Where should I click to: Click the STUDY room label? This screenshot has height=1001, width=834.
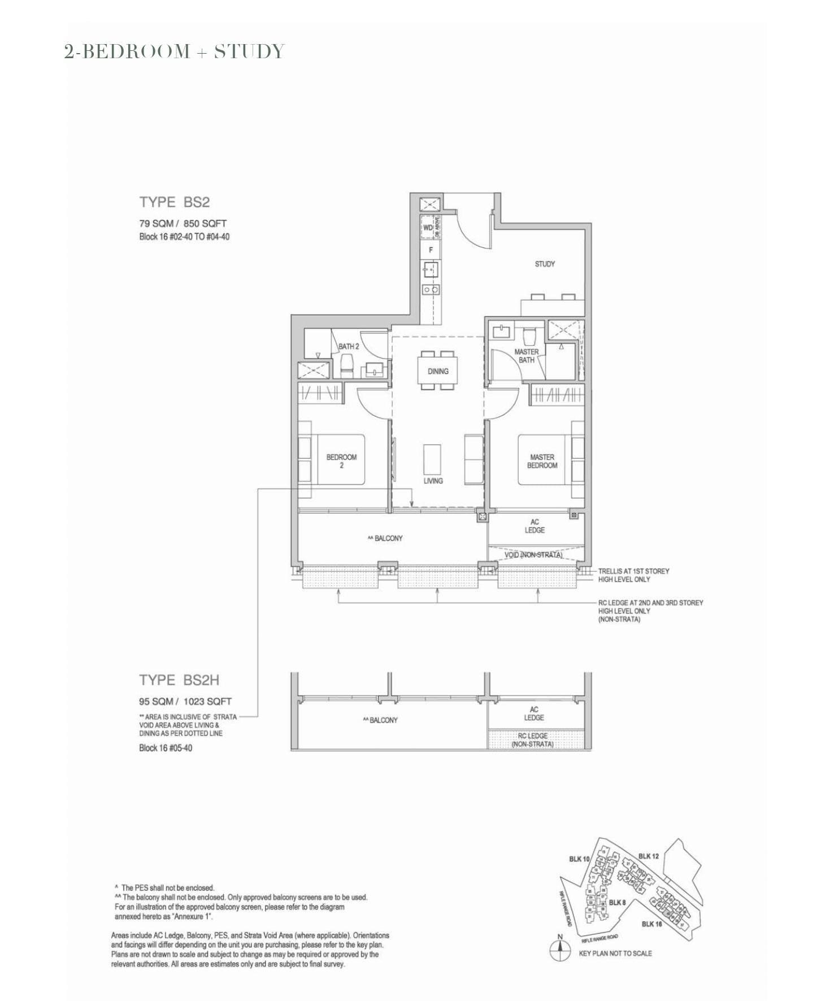click(545, 264)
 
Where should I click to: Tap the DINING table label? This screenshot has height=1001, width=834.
click(438, 371)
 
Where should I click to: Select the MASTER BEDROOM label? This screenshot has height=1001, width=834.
click(542, 461)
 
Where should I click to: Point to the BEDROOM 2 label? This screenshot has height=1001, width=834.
click(341, 461)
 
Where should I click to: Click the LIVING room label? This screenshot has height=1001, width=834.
click(433, 481)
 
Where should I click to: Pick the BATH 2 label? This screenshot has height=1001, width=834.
click(348, 346)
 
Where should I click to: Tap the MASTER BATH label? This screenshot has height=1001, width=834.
click(526, 355)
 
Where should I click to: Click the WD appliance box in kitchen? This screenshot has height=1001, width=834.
click(428, 228)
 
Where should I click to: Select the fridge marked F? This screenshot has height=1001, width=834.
click(431, 250)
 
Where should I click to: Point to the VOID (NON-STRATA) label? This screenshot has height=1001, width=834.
click(533, 555)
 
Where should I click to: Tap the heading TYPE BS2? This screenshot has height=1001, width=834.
click(175, 202)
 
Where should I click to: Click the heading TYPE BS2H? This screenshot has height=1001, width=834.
click(179, 680)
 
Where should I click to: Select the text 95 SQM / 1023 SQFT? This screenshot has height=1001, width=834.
click(185, 702)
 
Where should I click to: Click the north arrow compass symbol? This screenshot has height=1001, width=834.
click(559, 952)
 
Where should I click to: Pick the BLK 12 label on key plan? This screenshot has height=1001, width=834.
click(648, 856)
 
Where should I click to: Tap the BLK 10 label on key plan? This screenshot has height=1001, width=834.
click(579, 859)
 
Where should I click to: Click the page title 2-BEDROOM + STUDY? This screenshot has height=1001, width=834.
click(175, 51)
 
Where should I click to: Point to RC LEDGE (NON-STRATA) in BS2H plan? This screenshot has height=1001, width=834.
click(532, 740)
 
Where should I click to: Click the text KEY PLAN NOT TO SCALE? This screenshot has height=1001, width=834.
click(615, 953)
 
